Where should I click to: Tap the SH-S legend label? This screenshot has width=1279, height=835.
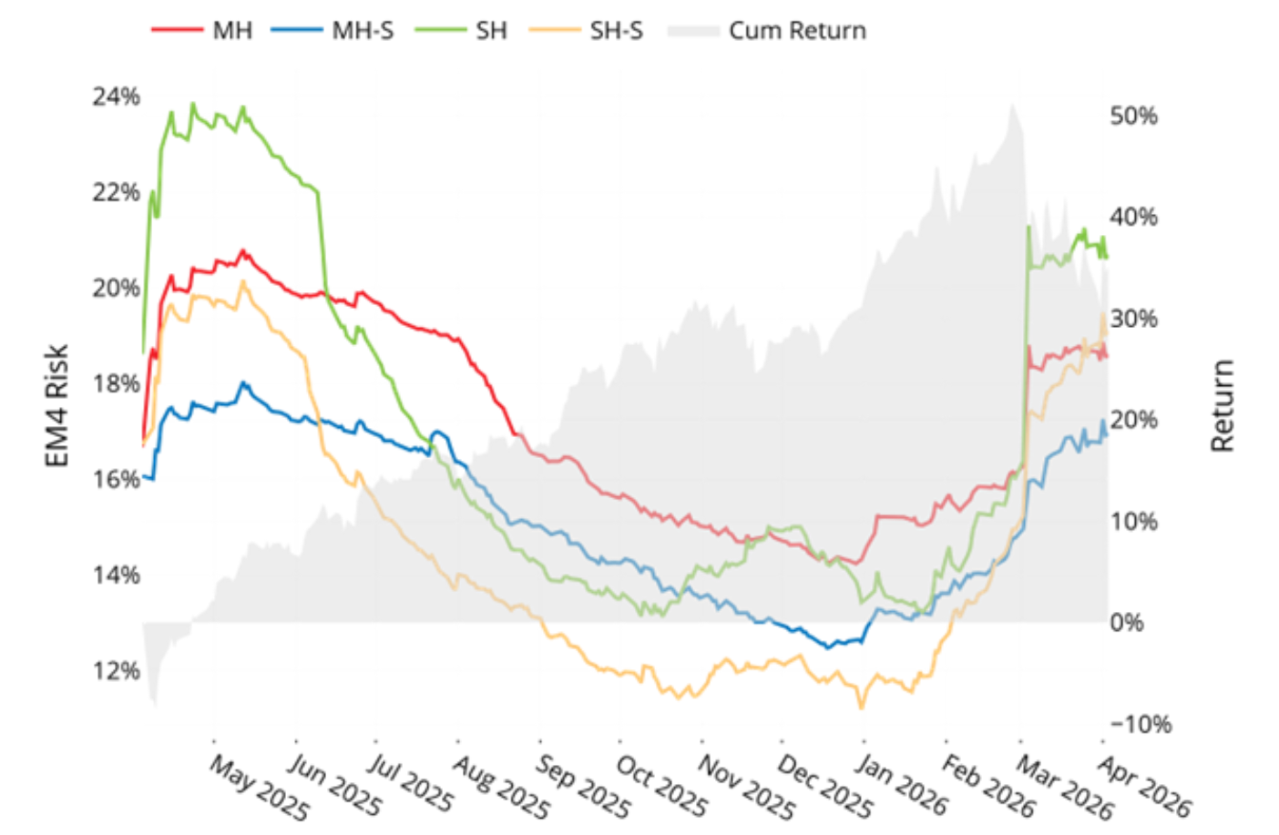[x=616, y=31]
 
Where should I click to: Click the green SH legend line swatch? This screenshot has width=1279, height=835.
[x=440, y=30]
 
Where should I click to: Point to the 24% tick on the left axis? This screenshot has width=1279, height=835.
[x=116, y=97]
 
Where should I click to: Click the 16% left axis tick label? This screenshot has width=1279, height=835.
[x=116, y=479]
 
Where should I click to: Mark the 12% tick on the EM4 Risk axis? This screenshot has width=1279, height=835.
[x=116, y=671]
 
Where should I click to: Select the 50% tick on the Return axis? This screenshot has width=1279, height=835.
[x=1133, y=116]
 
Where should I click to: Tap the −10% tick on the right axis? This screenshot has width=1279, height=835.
[x=1140, y=725]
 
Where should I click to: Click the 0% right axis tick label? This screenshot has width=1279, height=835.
[x=1127, y=623]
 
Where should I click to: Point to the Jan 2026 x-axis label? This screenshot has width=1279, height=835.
[x=901, y=785]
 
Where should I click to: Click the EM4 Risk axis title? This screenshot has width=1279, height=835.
[x=56, y=406]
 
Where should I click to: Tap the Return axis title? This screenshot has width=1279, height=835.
[x=1223, y=406]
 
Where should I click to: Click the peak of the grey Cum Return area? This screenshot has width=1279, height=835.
[x=1012, y=106]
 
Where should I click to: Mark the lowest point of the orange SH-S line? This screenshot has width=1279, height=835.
[x=861, y=707]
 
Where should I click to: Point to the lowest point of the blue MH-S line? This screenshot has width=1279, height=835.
[x=828, y=647]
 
